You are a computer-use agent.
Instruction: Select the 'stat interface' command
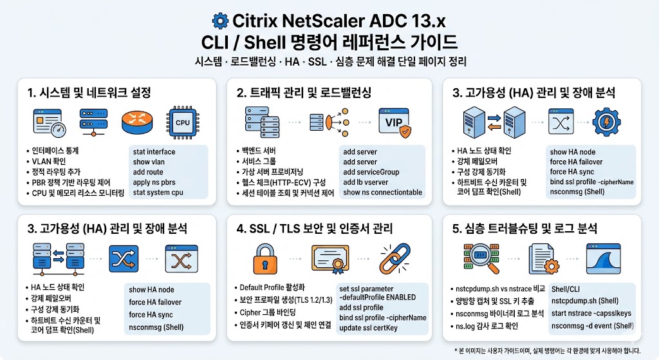(154, 152)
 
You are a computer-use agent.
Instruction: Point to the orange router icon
(136, 120)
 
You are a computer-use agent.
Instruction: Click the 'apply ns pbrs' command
(154, 182)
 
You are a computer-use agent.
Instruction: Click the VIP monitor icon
(394, 122)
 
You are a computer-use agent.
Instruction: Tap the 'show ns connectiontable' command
(382, 192)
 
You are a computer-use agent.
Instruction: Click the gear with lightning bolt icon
(606, 120)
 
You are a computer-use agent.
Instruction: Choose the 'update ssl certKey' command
(375, 328)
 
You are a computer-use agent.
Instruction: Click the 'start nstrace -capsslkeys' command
(591, 312)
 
